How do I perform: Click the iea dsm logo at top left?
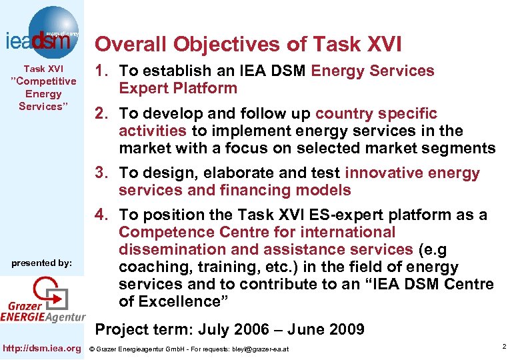(x=43, y=31)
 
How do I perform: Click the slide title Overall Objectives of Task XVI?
(x=248, y=44)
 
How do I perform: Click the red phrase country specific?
(x=376, y=113)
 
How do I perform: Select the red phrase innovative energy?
(x=412, y=173)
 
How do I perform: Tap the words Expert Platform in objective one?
(x=178, y=89)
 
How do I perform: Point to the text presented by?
(x=42, y=263)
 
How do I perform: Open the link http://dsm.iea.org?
(x=42, y=347)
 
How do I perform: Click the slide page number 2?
(x=505, y=347)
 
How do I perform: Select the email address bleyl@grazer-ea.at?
(x=260, y=349)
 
